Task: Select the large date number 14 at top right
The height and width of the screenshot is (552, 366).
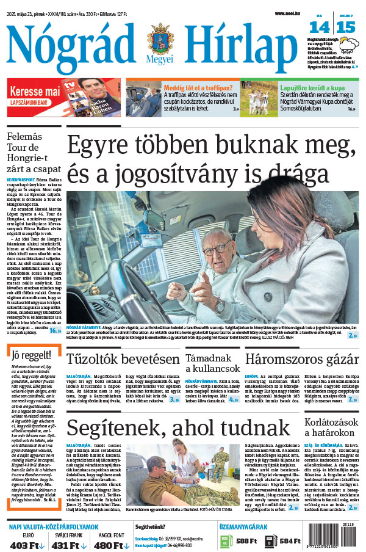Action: point(320,27)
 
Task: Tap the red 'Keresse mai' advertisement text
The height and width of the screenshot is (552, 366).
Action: point(35,91)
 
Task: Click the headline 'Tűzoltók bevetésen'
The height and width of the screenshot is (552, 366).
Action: point(123,358)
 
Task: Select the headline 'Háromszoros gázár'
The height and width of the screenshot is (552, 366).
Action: point(301,358)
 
